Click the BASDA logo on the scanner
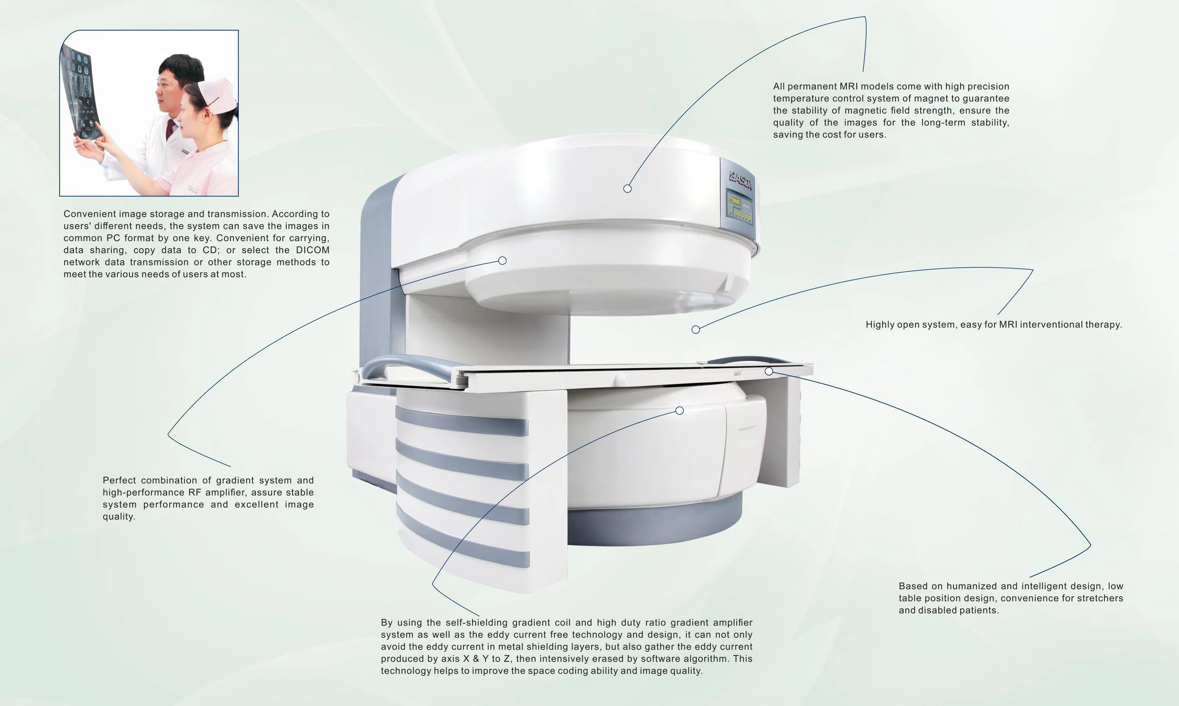pos(741,181)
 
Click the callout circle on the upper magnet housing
pos(627,189)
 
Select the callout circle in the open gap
pos(696,329)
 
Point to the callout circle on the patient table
pos(769,371)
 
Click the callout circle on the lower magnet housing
pos(679,410)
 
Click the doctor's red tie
pos(170,130)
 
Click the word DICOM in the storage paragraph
pos(312,250)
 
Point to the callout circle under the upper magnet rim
pos(502,260)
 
